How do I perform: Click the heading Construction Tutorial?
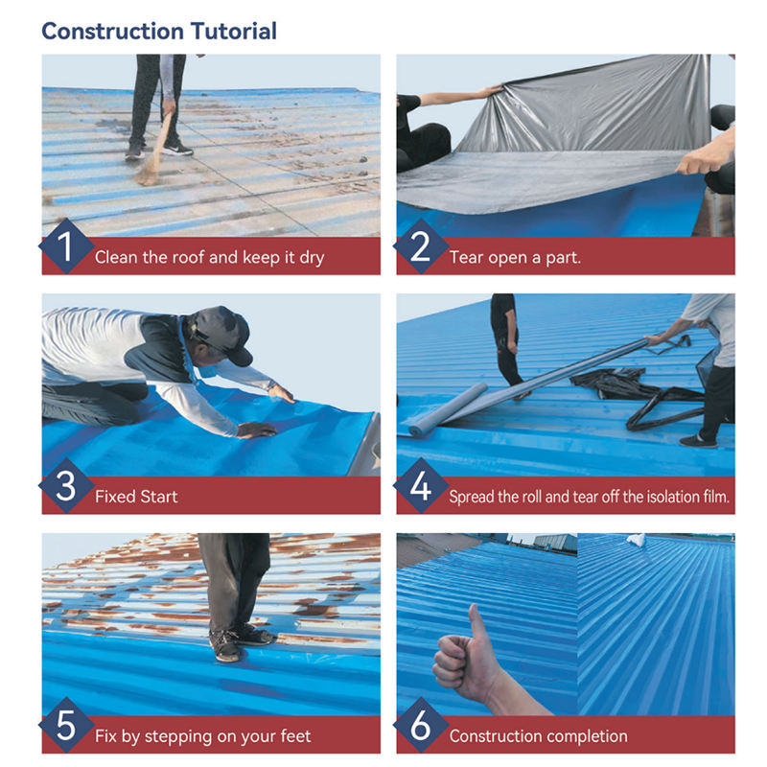click(159, 32)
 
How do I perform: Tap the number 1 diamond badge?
click(65, 246)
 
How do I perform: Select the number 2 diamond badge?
click(420, 246)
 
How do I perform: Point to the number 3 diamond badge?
click(65, 485)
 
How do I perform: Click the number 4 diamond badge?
click(420, 485)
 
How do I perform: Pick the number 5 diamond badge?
click(65, 725)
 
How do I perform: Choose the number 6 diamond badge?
click(420, 725)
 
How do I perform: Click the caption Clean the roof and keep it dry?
click(209, 257)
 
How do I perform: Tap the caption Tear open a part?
click(515, 257)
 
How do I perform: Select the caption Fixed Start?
click(136, 497)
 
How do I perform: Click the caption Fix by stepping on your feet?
click(203, 736)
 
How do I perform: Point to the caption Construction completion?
click(539, 736)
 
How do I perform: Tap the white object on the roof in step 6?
click(637, 540)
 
